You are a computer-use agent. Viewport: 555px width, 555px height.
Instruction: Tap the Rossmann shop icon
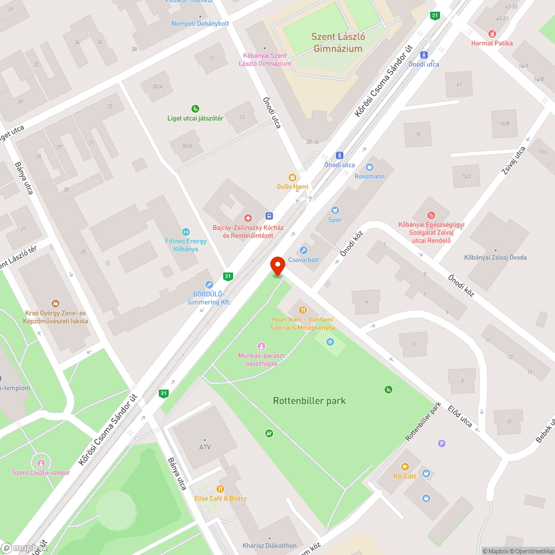coord(370,167)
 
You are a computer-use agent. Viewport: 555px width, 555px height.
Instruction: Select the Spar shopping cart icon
coord(335,210)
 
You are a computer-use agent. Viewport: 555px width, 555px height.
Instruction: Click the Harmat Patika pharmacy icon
coord(492,34)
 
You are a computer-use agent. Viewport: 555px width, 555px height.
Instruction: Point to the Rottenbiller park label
coord(309,401)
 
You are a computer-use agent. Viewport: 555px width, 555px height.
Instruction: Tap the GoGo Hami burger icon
coord(292,177)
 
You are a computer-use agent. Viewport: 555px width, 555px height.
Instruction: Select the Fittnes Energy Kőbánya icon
coord(185,232)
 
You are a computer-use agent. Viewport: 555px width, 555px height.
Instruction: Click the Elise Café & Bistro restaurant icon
coord(220,488)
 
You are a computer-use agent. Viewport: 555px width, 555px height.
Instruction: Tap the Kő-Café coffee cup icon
coord(405,467)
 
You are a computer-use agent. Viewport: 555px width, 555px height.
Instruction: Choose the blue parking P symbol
coord(442,443)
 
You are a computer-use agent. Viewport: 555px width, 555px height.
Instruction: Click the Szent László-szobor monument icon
coord(40,463)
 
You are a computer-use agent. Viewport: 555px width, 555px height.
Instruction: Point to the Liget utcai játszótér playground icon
coord(195,108)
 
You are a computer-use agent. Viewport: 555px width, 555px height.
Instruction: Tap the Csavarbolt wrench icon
coord(302,250)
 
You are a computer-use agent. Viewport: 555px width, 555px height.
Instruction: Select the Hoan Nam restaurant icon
coord(302,310)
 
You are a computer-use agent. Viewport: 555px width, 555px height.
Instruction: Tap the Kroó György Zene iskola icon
coord(56,304)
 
